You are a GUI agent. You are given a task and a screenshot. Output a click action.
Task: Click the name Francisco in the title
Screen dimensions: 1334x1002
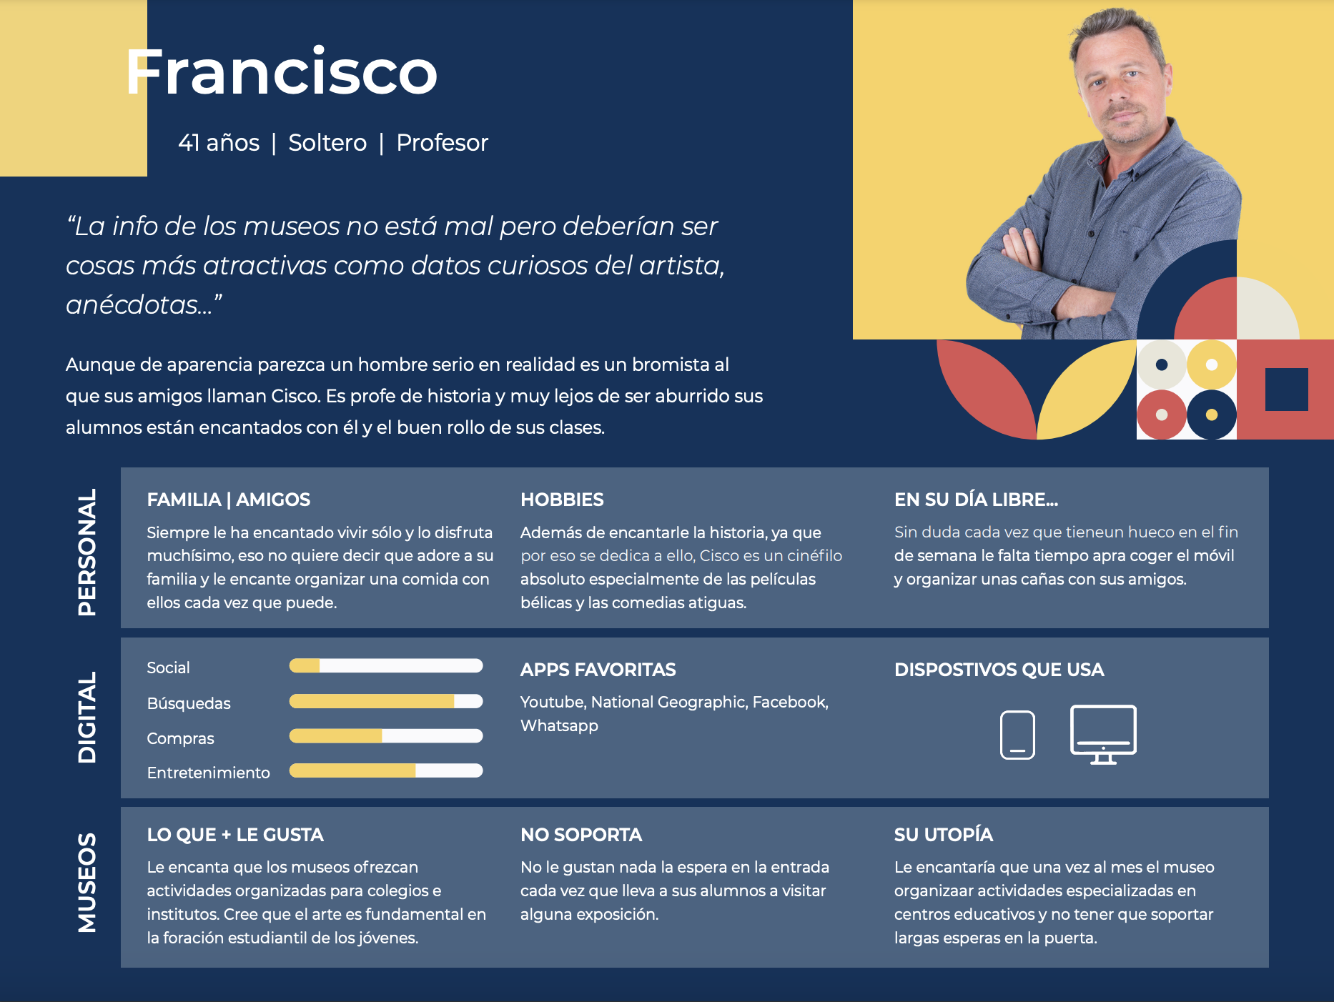(281, 71)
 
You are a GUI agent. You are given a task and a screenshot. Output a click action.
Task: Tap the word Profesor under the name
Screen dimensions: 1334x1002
(442, 143)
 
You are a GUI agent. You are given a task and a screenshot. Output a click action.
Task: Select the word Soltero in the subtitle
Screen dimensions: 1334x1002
(327, 143)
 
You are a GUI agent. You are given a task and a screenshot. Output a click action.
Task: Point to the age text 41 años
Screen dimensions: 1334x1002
(219, 143)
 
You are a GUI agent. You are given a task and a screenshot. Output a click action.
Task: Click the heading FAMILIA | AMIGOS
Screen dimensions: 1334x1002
(229, 500)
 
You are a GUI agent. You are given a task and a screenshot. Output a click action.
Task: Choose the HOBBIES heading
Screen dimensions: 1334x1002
(562, 500)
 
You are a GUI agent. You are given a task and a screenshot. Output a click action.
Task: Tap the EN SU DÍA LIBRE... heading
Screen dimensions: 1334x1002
(976, 500)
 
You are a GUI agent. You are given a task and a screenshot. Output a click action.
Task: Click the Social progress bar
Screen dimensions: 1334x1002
(386, 666)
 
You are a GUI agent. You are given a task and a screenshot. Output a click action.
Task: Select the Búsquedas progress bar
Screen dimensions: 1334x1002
(386, 701)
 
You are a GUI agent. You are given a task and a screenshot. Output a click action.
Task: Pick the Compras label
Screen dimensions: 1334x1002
(180, 738)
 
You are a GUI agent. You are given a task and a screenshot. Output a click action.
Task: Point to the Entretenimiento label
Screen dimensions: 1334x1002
(208, 773)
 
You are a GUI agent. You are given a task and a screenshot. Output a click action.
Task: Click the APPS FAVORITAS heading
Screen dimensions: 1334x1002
(598, 670)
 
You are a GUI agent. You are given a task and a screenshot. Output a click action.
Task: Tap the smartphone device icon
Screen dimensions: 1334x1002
(1017, 735)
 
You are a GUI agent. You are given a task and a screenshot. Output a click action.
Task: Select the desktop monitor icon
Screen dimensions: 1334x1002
(1103, 734)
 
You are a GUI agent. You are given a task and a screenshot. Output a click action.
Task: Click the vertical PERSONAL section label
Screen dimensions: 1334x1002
(87, 552)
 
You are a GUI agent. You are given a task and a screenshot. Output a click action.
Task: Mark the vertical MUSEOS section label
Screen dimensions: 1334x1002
(87, 883)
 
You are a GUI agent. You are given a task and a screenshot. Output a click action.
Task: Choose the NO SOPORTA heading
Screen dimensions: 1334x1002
(581, 835)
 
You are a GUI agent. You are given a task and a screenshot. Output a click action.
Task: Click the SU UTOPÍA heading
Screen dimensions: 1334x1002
(944, 835)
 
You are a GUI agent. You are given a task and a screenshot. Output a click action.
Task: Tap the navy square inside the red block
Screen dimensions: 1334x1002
(1287, 390)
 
